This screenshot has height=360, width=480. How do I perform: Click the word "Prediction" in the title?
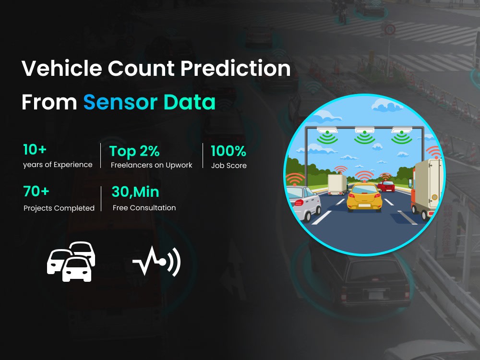[x=235, y=69]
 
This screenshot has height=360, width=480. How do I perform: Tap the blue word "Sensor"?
[x=120, y=102]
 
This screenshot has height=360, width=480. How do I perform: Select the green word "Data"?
[x=189, y=102]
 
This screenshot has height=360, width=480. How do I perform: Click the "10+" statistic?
[x=35, y=150]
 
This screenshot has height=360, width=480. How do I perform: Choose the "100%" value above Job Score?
[x=228, y=151]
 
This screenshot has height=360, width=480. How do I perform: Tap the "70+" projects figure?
[x=36, y=192]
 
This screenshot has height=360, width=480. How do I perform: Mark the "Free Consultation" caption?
[x=144, y=208]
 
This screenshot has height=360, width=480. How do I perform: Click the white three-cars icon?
[x=71, y=261]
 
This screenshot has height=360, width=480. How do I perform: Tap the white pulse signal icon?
[x=156, y=262]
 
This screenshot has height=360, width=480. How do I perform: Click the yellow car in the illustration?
[x=364, y=197]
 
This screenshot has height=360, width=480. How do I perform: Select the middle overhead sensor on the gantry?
[x=364, y=131]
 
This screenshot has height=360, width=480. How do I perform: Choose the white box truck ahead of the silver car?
[x=337, y=184]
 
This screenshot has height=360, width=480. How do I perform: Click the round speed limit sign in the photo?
[x=390, y=30]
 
